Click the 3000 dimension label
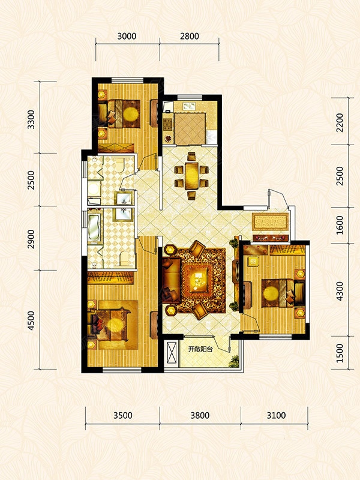click(127, 36)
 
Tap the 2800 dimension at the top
click(190, 36)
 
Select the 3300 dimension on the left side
click(31, 119)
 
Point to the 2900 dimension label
click(31, 239)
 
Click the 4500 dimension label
click(31, 321)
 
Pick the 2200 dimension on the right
click(340, 122)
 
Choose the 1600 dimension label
click(340, 225)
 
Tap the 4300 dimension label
click(340, 291)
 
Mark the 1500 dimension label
click(340, 353)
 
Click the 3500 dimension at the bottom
click(123, 415)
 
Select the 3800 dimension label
click(200, 415)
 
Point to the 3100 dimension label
click(276, 415)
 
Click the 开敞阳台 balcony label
click(200, 349)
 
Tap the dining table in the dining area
click(192, 176)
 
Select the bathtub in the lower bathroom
click(94, 227)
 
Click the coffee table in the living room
click(198, 278)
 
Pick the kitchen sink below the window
click(189, 106)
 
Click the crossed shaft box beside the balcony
click(172, 352)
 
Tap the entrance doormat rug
click(271, 221)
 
